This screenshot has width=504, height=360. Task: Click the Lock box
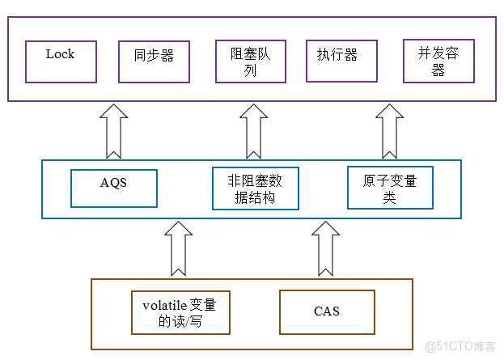(60, 61)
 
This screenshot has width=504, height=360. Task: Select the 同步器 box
(154, 62)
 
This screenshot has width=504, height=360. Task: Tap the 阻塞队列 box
(250, 62)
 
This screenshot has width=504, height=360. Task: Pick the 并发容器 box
(438, 62)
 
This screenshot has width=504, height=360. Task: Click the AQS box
(113, 188)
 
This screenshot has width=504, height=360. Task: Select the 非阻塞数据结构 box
(255, 188)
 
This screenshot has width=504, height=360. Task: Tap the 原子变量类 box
(390, 188)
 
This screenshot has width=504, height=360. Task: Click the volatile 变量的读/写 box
(180, 312)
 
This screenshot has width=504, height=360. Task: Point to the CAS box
(327, 311)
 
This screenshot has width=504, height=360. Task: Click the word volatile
(164, 305)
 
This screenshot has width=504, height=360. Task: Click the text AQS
(113, 183)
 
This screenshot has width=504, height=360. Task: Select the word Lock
(60, 54)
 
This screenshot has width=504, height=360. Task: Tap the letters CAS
(327, 311)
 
